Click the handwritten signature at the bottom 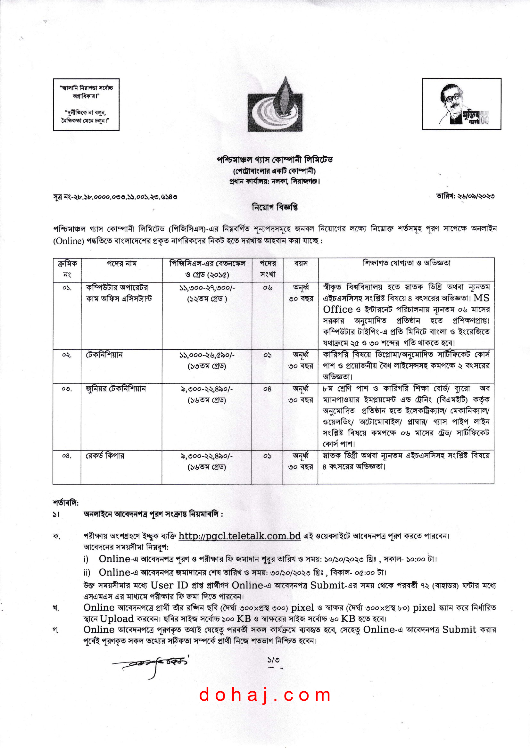tap(150, 663)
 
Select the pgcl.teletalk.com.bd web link tap(240, 536)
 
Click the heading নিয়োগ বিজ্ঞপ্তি tap(275, 207)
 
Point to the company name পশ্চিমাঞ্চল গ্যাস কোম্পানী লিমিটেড tap(275, 160)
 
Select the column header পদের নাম tap(122, 264)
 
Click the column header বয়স tap(301, 264)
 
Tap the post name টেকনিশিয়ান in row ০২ tap(104, 355)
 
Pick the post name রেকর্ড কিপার tap(105, 456)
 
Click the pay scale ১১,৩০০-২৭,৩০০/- tap(207, 288)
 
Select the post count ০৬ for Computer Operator tap(267, 288)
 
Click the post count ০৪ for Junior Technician tap(267, 389)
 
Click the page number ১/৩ tap(273, 660)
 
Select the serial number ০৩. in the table tap(67, 389)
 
